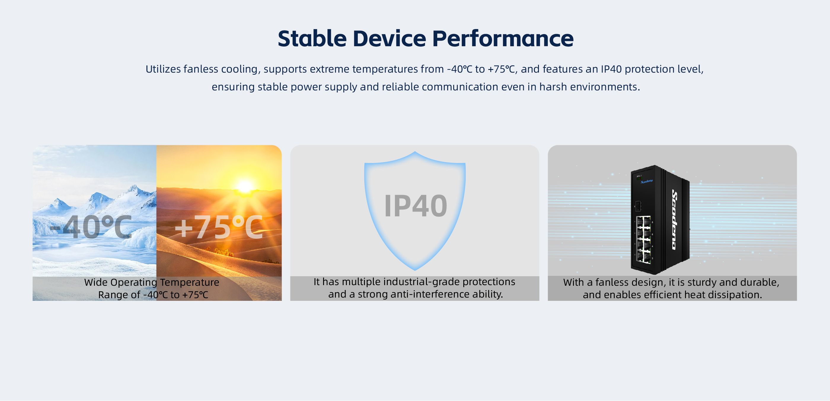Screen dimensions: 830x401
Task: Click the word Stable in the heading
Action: [312, 38]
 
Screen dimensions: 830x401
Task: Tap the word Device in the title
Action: [390, 38]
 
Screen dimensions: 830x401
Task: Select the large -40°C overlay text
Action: [91, 227]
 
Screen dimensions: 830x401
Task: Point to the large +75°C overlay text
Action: [219, 227]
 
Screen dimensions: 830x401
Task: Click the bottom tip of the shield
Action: [415, 270]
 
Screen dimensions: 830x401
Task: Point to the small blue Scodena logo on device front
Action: [647, 182]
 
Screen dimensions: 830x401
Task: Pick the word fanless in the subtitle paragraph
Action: [201, 69]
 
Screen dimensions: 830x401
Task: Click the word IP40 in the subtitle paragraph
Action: [611, 69]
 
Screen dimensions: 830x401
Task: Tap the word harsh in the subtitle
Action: [553, 87]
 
